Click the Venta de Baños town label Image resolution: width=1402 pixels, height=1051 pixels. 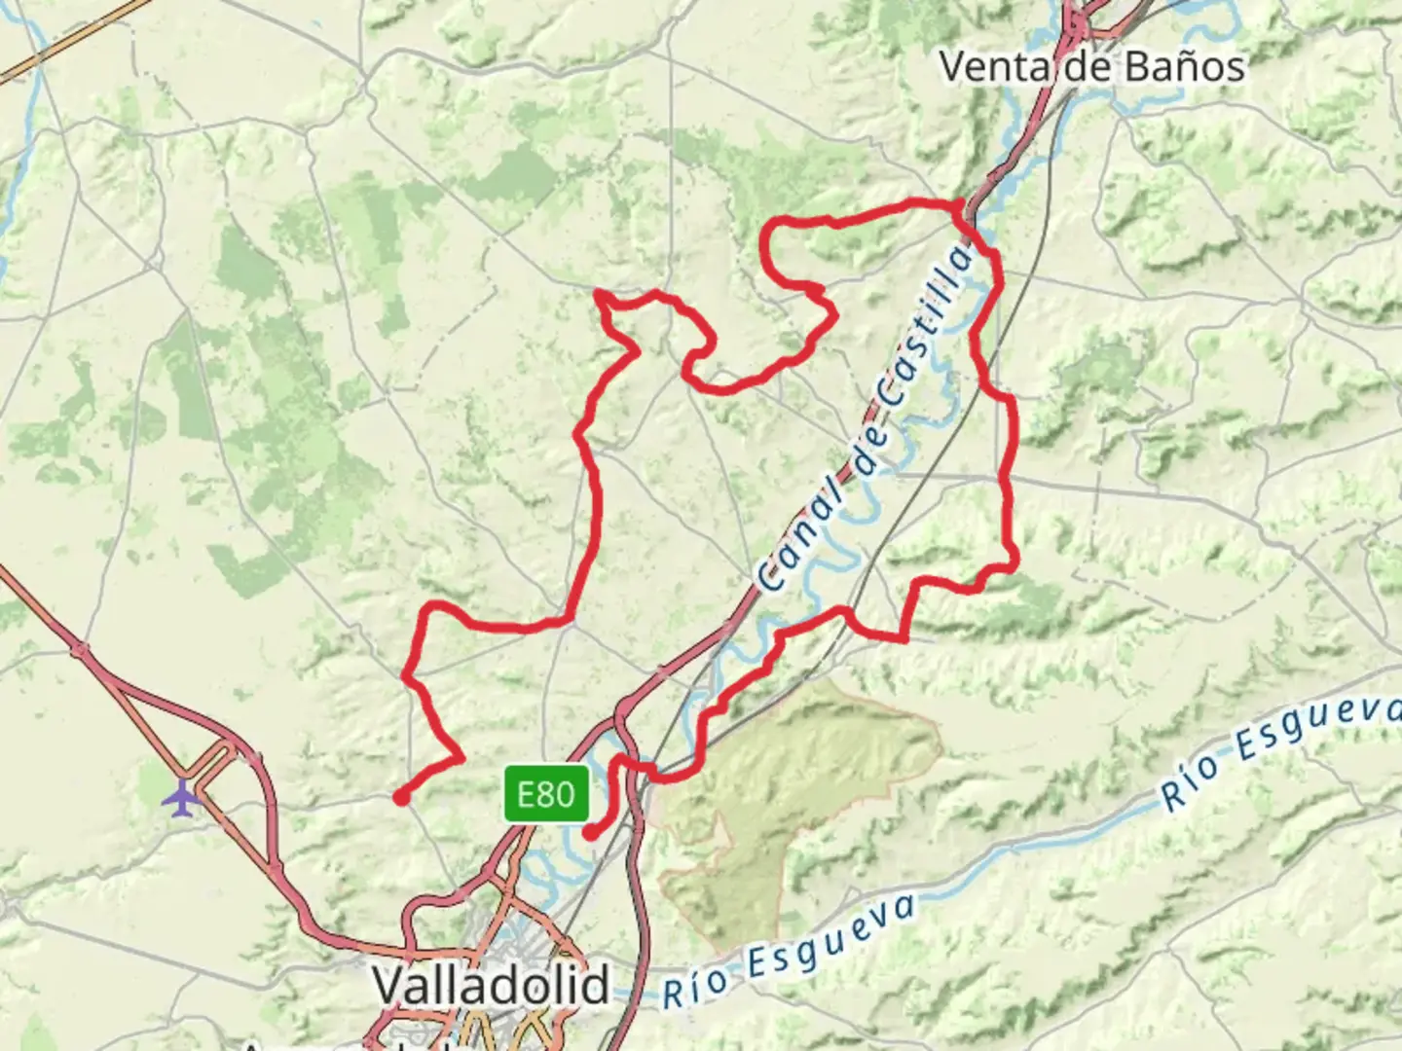click(x=1091, y=66)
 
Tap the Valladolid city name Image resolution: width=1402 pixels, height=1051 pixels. click(x=492, y=985)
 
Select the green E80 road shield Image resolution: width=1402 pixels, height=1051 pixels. click(x=546, y=794)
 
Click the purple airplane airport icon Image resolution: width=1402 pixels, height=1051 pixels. click(x=181, y=798)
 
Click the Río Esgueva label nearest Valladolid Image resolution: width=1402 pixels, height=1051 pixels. click(x=790, y=952)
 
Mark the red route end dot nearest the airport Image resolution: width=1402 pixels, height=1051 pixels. click(x=400, y=799)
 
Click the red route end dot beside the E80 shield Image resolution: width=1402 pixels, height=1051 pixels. click(x=590, y=833)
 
